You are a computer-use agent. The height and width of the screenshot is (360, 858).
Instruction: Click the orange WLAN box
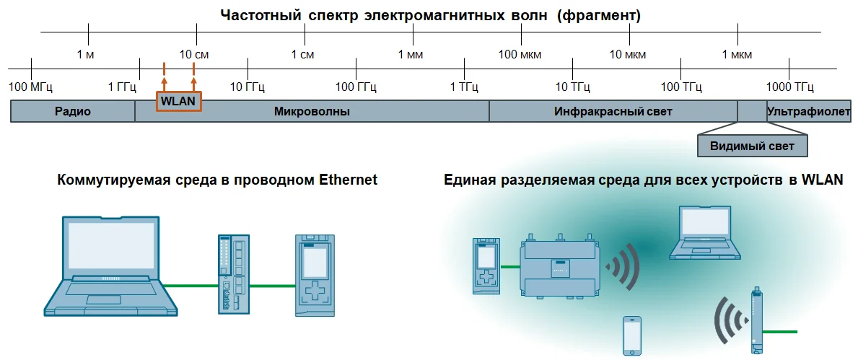179,102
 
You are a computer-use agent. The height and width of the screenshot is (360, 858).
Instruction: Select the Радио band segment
72,112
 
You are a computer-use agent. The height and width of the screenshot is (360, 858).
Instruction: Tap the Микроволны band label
312,112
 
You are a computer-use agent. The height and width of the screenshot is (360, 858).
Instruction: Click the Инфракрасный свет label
613,112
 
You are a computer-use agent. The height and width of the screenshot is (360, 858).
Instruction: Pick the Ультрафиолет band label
809,112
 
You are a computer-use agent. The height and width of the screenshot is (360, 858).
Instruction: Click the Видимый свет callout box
752,146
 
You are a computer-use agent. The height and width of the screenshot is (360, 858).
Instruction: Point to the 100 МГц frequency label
29,87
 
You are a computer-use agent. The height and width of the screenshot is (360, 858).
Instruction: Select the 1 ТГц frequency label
464,87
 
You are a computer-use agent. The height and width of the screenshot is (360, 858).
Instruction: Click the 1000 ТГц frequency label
789,87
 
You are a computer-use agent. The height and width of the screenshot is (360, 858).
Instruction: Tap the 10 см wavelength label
195,55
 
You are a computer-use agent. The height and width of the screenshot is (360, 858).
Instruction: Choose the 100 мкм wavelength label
520,55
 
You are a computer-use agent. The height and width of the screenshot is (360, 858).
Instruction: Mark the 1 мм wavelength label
411,55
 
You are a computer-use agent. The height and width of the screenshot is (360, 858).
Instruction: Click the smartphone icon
632,334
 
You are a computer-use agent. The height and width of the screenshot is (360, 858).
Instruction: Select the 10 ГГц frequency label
248,87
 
